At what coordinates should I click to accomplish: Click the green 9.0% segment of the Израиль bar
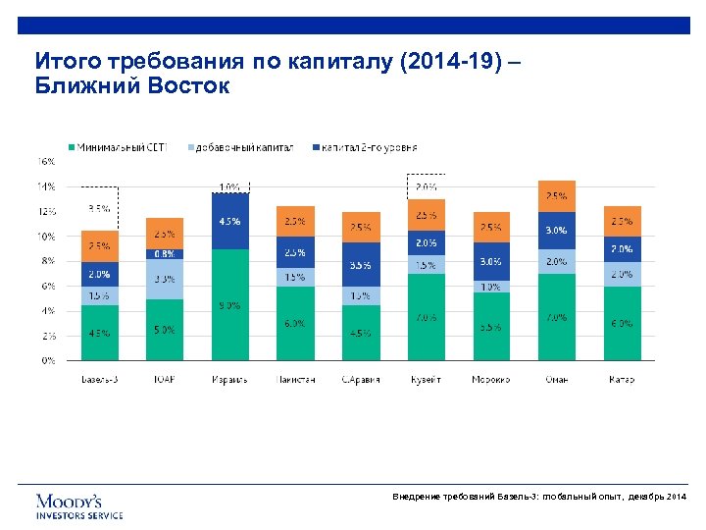point(229,305)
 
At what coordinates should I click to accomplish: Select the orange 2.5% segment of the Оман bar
point(556,196)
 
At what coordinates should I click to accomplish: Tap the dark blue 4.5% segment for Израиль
point(229,221)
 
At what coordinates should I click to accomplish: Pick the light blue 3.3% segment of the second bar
point(165,279)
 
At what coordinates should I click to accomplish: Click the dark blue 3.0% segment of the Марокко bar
point(490,262)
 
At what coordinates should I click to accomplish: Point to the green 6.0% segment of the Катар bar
point(622,323)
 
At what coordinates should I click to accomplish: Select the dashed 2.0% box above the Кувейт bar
point(426,186)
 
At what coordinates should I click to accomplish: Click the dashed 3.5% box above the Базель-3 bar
point(99,208)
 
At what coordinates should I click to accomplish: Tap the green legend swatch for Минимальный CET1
point(71,147)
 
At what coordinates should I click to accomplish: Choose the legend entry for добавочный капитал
point(240,147)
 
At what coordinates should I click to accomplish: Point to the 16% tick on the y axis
point(46,160)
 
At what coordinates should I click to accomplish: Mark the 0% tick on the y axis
point(48,360)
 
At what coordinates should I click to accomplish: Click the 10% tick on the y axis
point(46,236)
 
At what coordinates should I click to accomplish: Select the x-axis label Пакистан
point(295,379)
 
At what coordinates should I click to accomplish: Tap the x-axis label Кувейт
point(426,379)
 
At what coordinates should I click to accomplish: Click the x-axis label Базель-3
point(99,379)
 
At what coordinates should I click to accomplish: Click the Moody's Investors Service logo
point(79,505)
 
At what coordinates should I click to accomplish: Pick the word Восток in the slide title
point(185,86)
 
